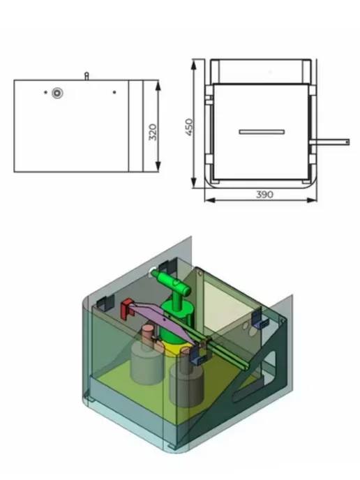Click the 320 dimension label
[x=153, y=133]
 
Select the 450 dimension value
[x=189, y=127]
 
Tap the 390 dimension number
[x=264, y=195]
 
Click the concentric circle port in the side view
[x=57, y=93]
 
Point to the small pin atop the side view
[x=87, y=76]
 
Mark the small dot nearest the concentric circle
[x=46, y=92]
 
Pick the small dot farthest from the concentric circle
[x=114, y=92]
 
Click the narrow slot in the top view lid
[x=262, y=132]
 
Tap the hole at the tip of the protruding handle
[x=347, y=142]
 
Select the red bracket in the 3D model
[x=126, y=309]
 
